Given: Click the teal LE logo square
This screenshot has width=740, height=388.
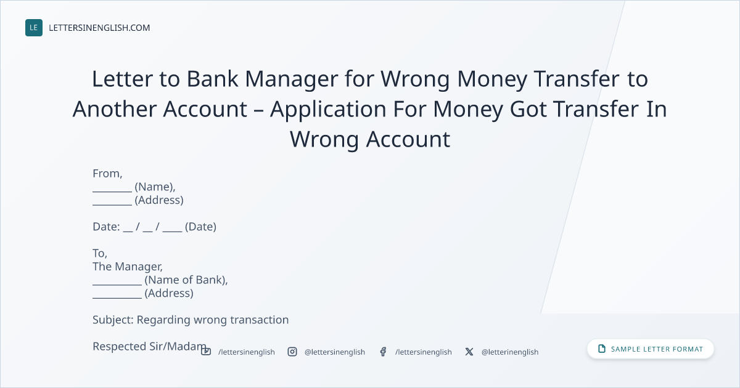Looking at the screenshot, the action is pos(34,28).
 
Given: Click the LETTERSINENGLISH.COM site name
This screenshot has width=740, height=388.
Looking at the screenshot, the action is pos(99,28).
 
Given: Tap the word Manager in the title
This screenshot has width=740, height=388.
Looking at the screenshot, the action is pos(291,79).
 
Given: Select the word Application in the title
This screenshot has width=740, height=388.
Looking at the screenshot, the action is pos(328,110).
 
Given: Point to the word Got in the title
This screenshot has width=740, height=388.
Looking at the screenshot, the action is pos(528,109).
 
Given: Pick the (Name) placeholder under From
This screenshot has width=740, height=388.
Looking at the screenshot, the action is pos(155,187).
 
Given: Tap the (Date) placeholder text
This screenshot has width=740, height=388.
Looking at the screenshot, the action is pos(200,227).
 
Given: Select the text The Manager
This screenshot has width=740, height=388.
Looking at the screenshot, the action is pos(128,267).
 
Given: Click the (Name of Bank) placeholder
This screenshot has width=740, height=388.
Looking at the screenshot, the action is pos(186,280).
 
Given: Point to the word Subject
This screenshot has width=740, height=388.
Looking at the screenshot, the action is pos(113,320).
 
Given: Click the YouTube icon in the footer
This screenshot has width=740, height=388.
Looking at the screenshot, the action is pos(206,352).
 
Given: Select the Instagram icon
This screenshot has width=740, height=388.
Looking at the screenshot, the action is pos(292,352).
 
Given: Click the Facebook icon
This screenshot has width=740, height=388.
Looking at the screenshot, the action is pos(383,352).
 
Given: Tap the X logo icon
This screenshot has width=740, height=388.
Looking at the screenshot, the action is pos(469,352).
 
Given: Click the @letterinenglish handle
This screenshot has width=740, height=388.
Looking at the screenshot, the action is pos(510,352).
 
